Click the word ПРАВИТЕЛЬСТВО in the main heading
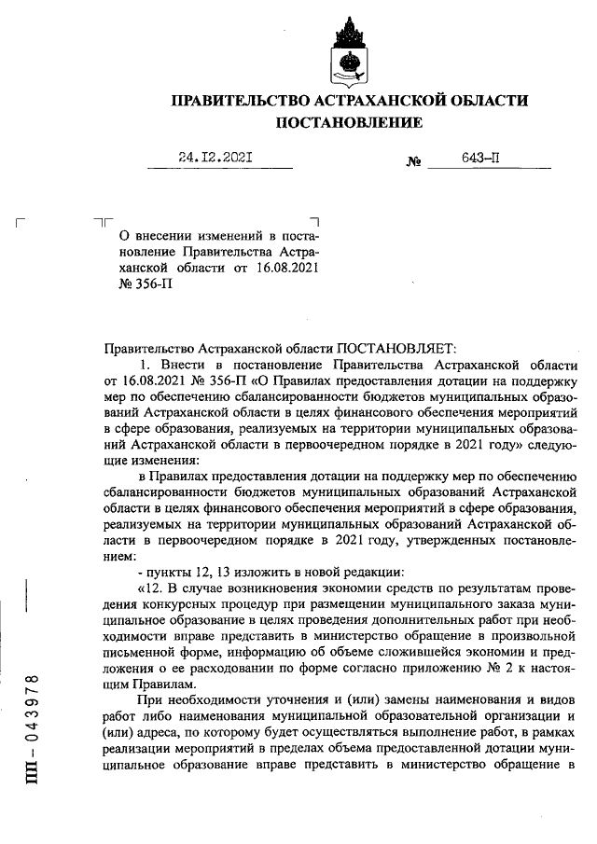[236, 101]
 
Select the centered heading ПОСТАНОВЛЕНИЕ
[347, 123]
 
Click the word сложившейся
[388, 639]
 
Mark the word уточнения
[284, 699]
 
